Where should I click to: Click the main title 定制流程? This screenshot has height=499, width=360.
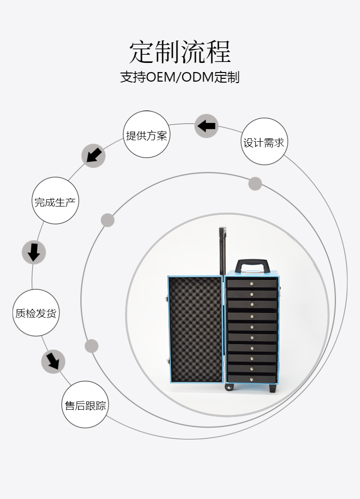click(180, 52)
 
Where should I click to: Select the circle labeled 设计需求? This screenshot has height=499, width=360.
click(264, 142)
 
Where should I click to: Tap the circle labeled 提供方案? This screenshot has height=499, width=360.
click(146, 134)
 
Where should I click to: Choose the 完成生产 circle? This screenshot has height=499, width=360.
click(55, 201)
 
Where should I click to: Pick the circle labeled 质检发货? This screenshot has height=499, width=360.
click(36, 313)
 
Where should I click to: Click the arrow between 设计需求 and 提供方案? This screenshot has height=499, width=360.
click(206, 126)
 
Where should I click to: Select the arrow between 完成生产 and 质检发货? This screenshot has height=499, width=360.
click(34, 252)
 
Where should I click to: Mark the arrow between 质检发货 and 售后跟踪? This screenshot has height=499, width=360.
click(53, 361)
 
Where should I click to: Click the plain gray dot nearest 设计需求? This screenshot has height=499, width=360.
click(255, 183)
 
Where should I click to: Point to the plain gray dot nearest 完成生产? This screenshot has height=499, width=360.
click(108, 220)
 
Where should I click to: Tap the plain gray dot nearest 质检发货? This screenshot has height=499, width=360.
click(91, 346)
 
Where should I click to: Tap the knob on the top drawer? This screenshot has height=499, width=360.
click(252, 284)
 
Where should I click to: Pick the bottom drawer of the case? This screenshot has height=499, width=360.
click(252, 378)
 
